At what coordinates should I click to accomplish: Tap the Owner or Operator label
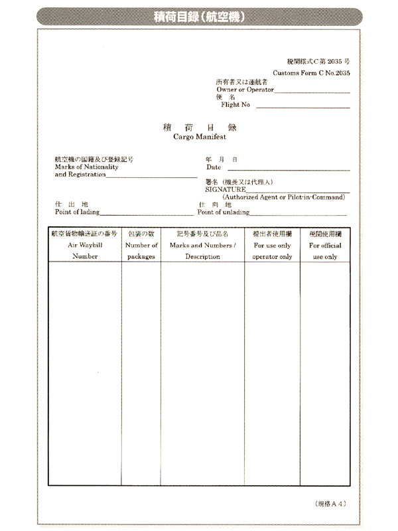245,89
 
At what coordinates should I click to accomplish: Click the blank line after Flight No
302,105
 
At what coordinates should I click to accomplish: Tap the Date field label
214,167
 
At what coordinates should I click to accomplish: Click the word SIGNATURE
226,189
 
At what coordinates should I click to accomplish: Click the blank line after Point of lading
147,213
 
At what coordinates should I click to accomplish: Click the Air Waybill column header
85,245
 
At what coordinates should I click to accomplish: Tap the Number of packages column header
141,245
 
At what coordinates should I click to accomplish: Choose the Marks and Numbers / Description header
202,245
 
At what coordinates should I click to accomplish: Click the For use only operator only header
272,245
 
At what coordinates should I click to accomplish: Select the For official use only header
325,245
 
